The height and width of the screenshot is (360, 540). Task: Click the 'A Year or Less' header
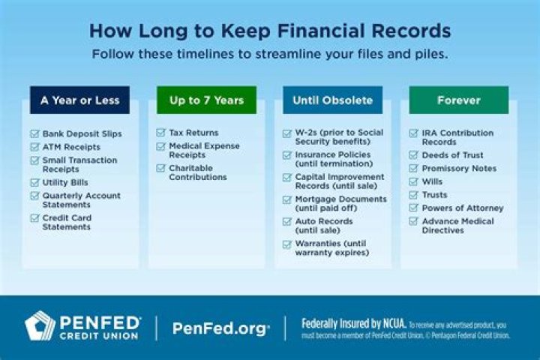[x=79, y=100]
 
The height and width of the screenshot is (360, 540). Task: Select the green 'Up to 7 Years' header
[x=206, y=100]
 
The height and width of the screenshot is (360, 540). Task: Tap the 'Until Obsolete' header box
[x=332, y=100]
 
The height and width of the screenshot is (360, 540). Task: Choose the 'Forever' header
[x=458, y=100]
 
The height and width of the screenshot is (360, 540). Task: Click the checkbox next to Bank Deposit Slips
[x=34, y=133]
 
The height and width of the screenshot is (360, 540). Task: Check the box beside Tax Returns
[x=160, y=133]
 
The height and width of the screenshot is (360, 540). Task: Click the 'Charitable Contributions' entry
[x=197, y=173]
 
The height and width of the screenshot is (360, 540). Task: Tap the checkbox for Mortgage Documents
[x=287, y=199]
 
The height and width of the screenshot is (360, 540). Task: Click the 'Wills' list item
[x=432, y=181]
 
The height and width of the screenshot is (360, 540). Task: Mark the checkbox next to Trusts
[x=414, y=195]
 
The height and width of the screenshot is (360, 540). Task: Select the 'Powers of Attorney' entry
[x=463, y=208]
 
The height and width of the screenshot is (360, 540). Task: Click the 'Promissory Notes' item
[x=459, y=169]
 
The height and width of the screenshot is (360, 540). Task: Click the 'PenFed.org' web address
[x=220, y=328]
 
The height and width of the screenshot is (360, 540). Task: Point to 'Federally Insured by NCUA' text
[x=353, y=324]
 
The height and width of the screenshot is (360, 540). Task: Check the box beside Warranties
[x=287, y=244]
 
